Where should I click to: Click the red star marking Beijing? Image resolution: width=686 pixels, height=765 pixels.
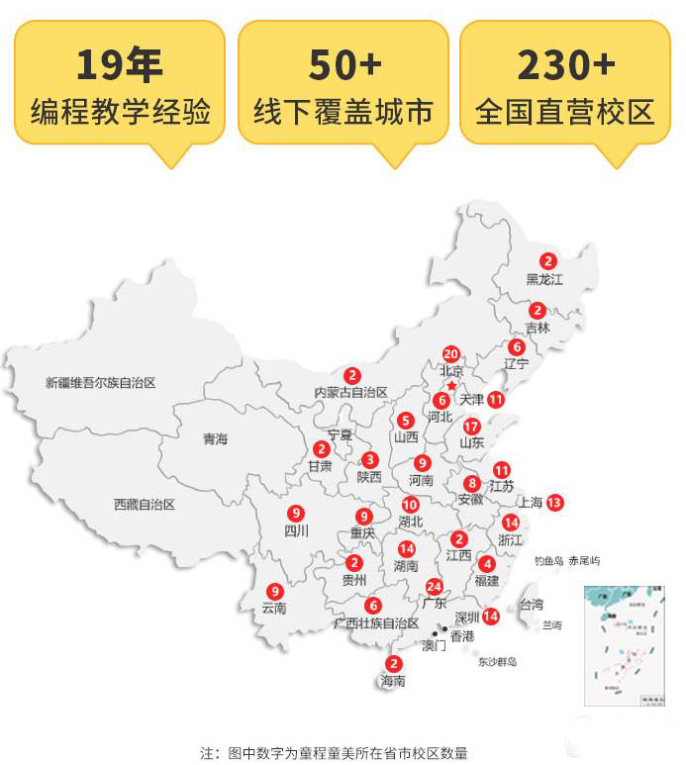(x=451, y=385)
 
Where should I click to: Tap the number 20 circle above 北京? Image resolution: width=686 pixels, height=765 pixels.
(x=450, y=353)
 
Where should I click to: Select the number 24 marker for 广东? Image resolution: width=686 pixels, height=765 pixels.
(x=434, y=586)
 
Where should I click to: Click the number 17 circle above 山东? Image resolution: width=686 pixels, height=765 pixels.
(x=472, y=426)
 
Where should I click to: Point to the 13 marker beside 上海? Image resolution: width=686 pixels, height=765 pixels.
(x=554, y=502)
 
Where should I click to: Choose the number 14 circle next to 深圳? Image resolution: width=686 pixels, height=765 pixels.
(x=490, y=616)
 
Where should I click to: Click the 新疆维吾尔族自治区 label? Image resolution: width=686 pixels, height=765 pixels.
(x=101, y=382)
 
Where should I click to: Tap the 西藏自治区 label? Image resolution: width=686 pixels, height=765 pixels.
(x=144, y=504)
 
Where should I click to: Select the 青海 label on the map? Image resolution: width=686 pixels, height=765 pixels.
(x=215, y=438)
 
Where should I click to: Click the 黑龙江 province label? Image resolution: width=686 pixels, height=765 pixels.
(x=544, y=280)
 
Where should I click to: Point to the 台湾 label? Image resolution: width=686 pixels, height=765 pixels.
(x=531, y=604)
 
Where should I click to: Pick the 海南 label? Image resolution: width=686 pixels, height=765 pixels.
(x=393, y=681)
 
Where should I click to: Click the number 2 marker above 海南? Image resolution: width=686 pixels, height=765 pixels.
(x=394, y=664)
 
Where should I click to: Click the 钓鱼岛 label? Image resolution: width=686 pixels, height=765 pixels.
(x=548, y=561)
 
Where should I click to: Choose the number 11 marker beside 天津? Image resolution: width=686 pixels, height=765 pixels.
(x=496, y=400)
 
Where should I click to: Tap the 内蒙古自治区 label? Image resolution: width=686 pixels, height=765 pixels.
(x=350, y=392)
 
